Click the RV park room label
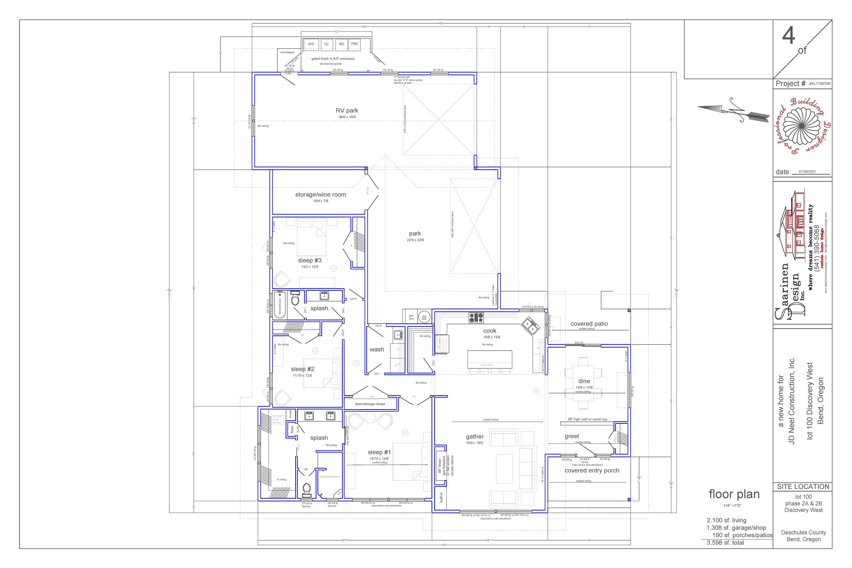point(347,110)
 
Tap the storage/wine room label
point(321,195)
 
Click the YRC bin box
point(354,44)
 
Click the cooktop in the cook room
point(476,318)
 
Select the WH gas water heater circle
point(424,317)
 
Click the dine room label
point(584,381)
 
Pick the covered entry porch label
point(592,471)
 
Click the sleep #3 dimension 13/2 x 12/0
point(310,267)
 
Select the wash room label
point(377,350)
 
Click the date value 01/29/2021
point(807,172)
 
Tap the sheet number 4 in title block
point(789,36)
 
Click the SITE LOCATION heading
point(803,487)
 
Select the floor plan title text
point(734,494)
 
